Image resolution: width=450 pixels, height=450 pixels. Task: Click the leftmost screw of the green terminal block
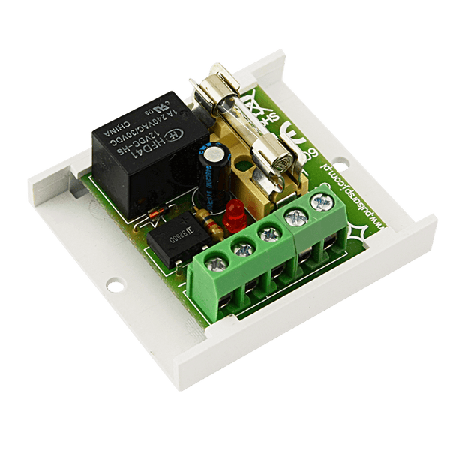(217, 262)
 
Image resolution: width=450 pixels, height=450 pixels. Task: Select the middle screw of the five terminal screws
(268, 233)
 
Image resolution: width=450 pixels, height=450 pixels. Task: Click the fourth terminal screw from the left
(294, 218)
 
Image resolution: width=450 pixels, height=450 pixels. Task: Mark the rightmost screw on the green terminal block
(322, 202)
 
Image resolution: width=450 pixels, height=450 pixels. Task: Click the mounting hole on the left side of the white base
(114, 286)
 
